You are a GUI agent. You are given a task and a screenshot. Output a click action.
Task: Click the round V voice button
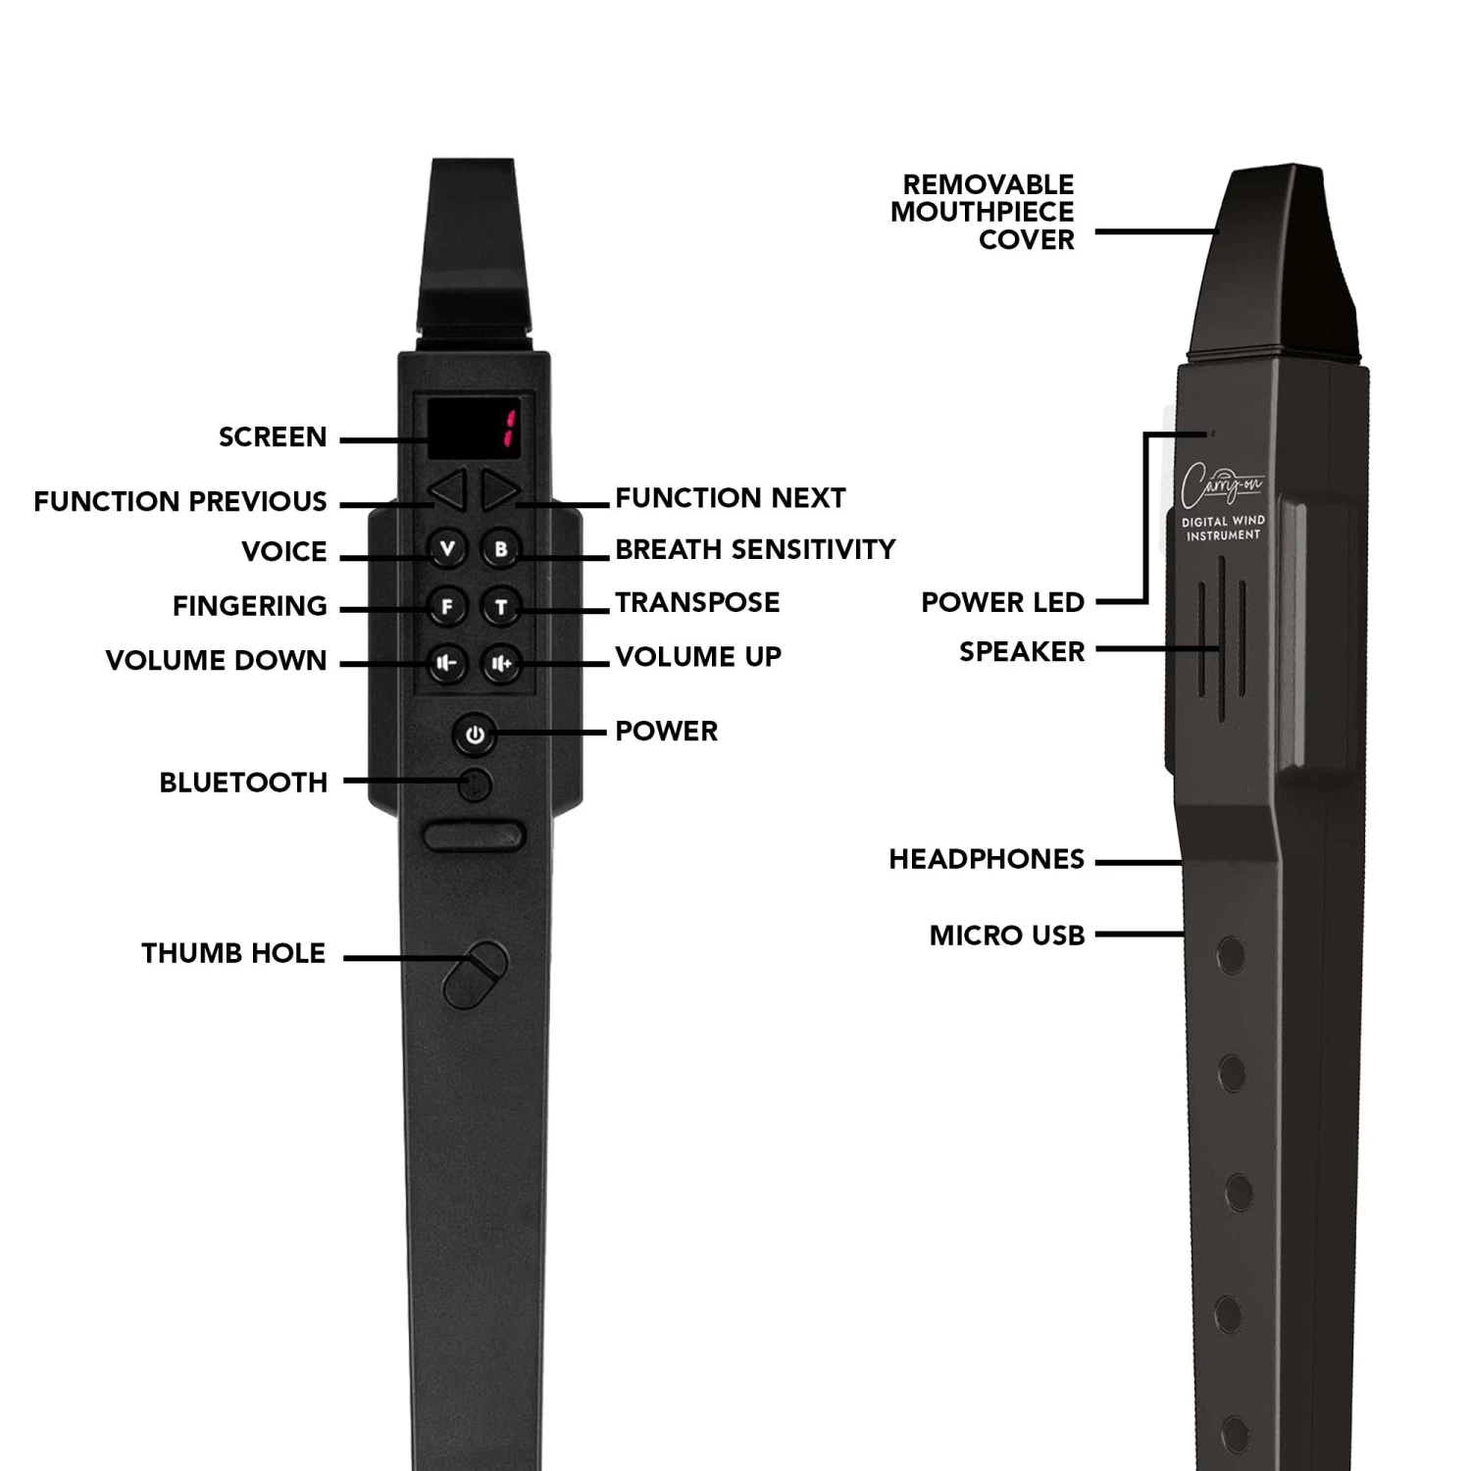click(x=448, y=549)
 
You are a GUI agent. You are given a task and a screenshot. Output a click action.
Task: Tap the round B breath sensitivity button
click(x=501, y=549)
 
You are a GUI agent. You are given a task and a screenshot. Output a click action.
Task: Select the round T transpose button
click(x=501, y=607)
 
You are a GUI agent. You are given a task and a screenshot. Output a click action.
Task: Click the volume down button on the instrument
click(x=447, y=664)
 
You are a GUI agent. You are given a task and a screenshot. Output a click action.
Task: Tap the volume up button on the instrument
click(x=501, y=664)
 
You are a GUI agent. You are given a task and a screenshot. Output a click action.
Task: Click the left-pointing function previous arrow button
click(x=449, y=490)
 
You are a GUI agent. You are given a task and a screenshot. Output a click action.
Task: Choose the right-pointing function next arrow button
click(x=500, y=490)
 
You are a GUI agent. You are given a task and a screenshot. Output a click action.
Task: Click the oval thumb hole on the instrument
click(x=476, y=975)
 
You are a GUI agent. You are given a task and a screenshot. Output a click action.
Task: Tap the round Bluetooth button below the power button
click(x=476, y=785)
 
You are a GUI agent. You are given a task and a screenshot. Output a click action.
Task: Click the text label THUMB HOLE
click(x=233, y=953)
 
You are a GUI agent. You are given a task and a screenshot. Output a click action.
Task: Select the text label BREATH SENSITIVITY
click(x=755, y=549)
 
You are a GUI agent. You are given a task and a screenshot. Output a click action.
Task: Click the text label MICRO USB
click(x=1007, y=936)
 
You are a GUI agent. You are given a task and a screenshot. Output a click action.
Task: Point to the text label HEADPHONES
click(x=987, y=859)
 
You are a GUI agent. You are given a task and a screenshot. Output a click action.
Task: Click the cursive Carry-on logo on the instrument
click(x=1221, y=484)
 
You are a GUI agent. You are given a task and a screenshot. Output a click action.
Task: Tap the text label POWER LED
click(x=1002, y=602)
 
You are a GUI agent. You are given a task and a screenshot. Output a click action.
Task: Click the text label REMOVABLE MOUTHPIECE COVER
click(x=983, y=212)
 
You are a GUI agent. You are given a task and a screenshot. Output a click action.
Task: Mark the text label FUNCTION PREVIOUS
click(x=180, y=501)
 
